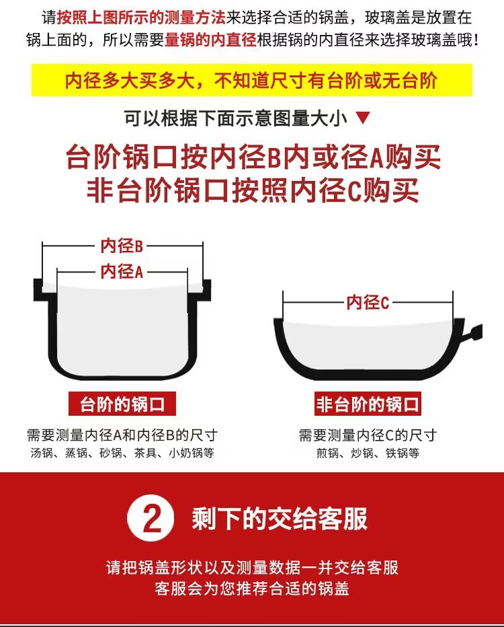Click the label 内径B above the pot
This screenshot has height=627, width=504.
pyautogui.click(x=122, y=246)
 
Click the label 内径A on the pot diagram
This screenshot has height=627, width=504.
pyautogui.click(x=122, y=271)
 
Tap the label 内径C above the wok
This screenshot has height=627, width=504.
pyautogui.click(x=368, y=303)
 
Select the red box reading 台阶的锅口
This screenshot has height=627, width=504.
pyautogui.click(x=122, y=404)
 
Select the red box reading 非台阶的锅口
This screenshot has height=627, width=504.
pyautogui.click(x=368, y=404)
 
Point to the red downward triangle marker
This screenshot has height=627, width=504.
pyautogui.click(x=363, y=119)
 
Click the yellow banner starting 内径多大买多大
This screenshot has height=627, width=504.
pyautogui.click(x=251, y=81)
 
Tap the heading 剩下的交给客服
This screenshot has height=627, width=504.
pyautogui.click(x=280, y=519)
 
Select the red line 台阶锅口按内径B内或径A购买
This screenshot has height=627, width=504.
pyautogui.click(x=253, y=157)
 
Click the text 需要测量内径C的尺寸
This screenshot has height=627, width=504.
pyautogui.click(x=368, y=435)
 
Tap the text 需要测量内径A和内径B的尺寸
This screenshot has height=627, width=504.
pyautogui.click(x=122, y=435)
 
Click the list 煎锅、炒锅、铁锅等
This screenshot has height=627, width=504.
pyautogui.click(x=368, y=453)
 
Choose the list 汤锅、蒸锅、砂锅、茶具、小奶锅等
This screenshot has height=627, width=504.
pyautogui.click(x=122, y=453)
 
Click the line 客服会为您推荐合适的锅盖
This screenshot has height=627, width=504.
pyautogui.click(x=252, y=589)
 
